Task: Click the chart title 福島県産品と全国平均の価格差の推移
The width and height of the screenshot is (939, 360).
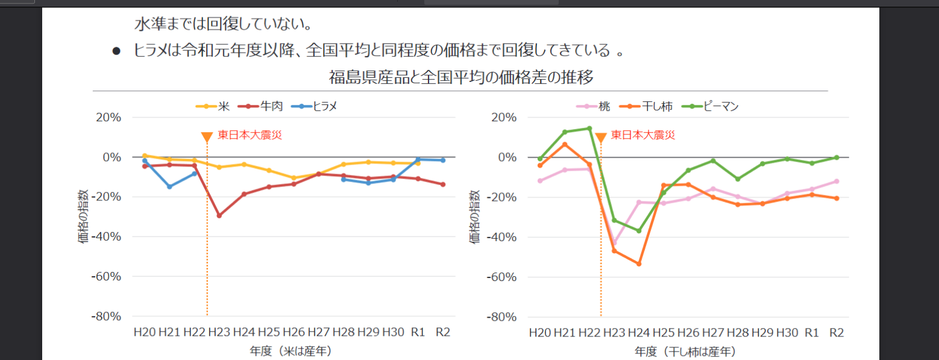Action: (x=461, y=78)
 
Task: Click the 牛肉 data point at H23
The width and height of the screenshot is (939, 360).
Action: (x=219, y=215)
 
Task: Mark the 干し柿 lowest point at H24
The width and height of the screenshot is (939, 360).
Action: (x=639, y=264)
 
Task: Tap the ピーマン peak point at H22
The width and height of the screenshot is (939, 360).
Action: (x=589, y=128)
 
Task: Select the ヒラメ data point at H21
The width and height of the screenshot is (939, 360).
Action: (x=169, y=186)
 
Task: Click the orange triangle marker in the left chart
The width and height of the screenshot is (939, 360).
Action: (x=207, y=137)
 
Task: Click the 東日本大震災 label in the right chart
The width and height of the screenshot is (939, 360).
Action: (x=643, y=135)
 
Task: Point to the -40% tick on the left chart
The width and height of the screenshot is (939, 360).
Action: (x=106, y=237)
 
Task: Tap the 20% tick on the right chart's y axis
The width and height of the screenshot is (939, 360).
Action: (x=504, y=118)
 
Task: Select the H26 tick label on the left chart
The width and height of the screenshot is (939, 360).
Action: (x=294, y=332)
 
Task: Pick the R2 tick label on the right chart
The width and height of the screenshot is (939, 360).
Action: (x=836, y=332)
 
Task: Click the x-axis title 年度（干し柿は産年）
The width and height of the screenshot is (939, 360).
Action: (x=685, y=350)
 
